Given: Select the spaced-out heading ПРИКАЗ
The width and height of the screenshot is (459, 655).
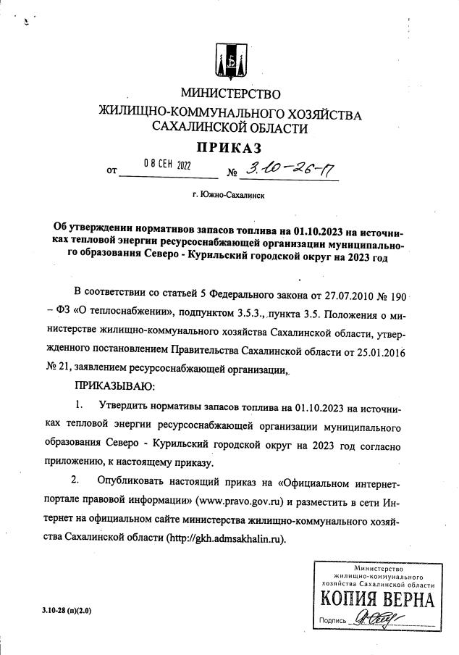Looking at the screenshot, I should [230, 149].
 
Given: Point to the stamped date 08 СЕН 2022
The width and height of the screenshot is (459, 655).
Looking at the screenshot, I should [167, 164].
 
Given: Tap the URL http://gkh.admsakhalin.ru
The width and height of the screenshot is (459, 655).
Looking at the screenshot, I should [225, 538].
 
